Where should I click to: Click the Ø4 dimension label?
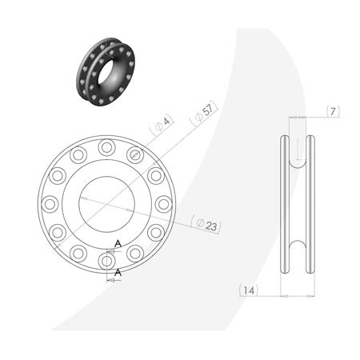[x=162, y=123]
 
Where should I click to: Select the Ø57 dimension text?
[x=202, y=114]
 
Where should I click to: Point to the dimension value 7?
[x=334, y=110]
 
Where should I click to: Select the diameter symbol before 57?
[x=196, y=118]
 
